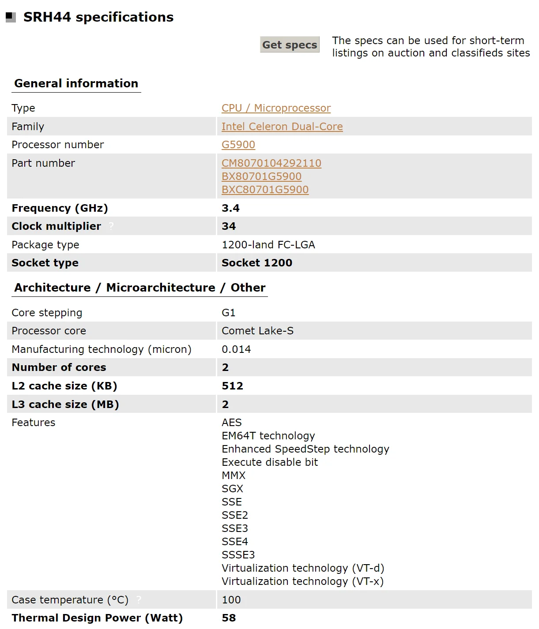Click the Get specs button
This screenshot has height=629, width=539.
click(290, 45)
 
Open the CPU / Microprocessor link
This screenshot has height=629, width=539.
click(276, 108)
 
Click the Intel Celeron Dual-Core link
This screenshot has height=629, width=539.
click(282, 127)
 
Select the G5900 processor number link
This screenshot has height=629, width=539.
click(238, 145)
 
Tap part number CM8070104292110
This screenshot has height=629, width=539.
click(271, 163)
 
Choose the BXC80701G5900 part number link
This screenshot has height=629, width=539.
click(265, 190)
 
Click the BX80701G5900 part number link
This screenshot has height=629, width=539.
click(261, 176)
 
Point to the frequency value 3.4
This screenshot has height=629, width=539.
click(230, 208)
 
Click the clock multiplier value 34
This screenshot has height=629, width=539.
click(229, 226)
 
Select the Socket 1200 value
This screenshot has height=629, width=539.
click(257, 263)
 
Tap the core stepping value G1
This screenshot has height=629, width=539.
click(229, 313)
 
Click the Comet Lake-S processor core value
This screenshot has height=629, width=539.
click(257, 331)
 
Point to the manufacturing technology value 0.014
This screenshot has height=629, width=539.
click(236, 349)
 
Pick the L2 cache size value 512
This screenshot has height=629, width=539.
click(232, 386)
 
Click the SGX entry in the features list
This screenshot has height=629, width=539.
click(232, 489)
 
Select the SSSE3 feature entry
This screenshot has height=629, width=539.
click(238, 555)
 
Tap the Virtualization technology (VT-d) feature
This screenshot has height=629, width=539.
click(303, 568)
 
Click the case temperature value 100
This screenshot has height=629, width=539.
click(231, 600)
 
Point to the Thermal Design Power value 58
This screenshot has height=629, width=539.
click(229, 618)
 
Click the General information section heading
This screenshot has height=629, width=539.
click(76, 83)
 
